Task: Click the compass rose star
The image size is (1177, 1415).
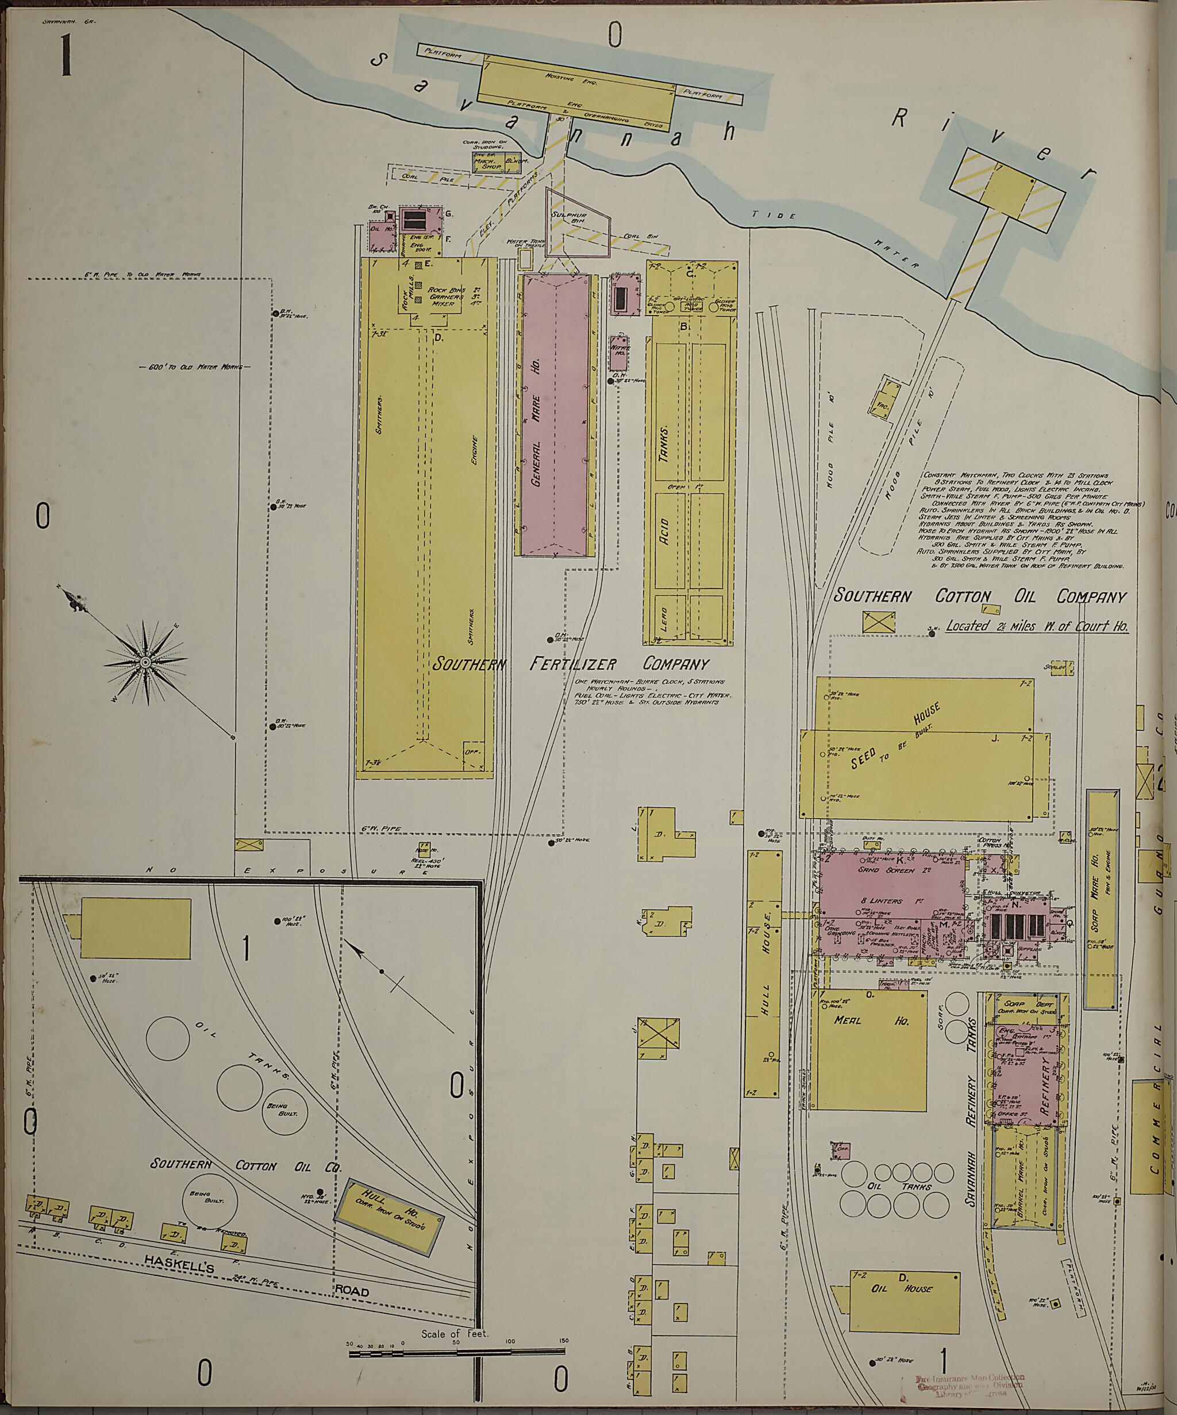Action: click(x=145, y=662)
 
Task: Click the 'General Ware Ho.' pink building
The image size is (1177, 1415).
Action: click(x=553, y=416)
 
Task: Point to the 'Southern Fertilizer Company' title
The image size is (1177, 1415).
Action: click(x=570, y=664)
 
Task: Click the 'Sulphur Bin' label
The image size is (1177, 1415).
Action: click(x=570, y=218)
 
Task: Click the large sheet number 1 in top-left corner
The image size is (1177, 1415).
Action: click(x=66, y=55)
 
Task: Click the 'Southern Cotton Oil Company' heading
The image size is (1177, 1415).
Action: click(x=980, y=596)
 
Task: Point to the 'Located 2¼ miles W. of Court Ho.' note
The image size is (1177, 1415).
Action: click(x=1037, y=626)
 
